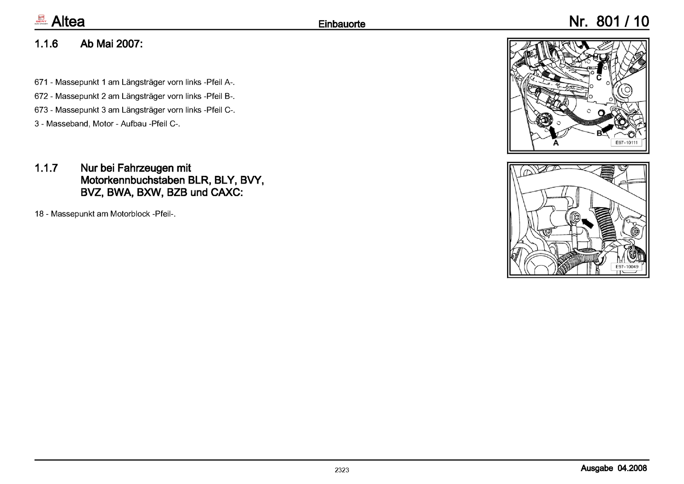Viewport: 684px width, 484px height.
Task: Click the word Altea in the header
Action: point(68,21)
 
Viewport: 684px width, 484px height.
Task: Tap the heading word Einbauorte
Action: point(342,24)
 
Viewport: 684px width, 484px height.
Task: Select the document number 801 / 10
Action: point(622,21)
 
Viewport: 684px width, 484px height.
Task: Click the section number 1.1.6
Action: point(46,44)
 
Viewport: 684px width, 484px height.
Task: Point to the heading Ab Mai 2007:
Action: point(111,44)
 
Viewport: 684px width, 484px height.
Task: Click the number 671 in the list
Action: point(41,82)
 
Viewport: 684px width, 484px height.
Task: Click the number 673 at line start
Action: point(41,110)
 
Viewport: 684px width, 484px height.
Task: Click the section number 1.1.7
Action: point(46,168)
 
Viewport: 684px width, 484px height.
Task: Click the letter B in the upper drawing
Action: point(599,133)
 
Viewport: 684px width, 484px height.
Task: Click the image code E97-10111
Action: point(626,143)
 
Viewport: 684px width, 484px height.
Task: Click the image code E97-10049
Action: point(627,267)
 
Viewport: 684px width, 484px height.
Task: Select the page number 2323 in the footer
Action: point(342,470)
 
